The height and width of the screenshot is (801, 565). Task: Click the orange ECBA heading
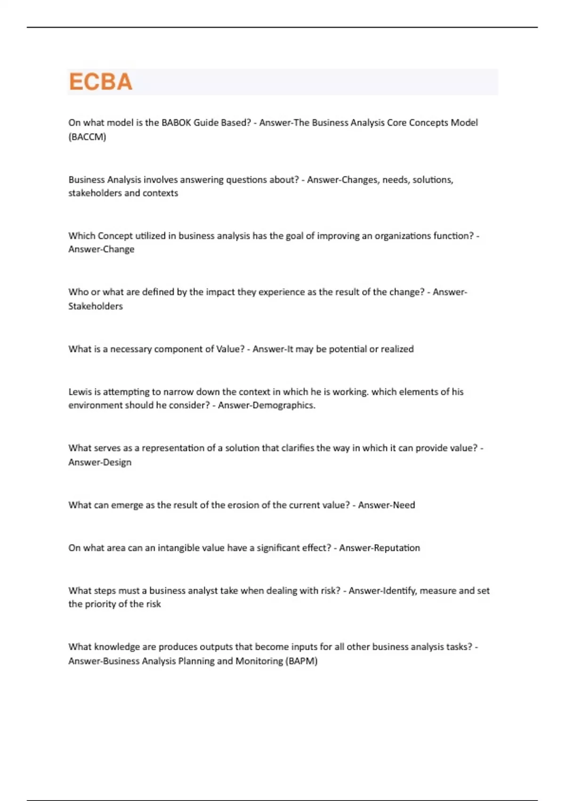(x=100, y=82)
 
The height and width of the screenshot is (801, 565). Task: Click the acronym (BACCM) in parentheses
(x=87, y=137)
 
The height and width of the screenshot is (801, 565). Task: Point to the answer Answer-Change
(x=101, y=249)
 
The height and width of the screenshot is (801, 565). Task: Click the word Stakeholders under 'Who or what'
(x=96, y=306)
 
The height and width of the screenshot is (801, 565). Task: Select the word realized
(x=397, y=349)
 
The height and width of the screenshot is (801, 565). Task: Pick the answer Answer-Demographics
(x=266, y=405)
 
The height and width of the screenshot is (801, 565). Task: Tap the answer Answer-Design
(x=100, y=462)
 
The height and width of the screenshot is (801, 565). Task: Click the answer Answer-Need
(x=386, y=505)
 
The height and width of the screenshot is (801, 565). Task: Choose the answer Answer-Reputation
(x=379, y=548)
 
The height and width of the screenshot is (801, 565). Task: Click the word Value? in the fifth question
(x=230, y=349)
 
